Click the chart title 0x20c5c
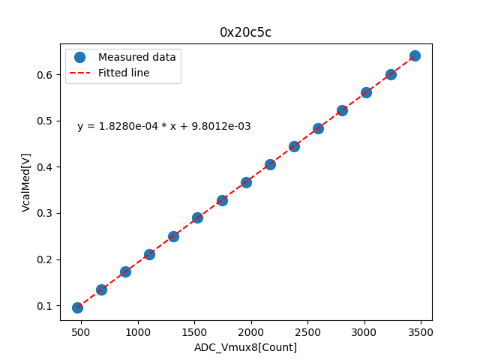[x=246, y=32]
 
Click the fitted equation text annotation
[x=164, y=127]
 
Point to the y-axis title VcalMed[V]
[x=26, y=182]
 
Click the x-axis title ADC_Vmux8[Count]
[x=246, y=347]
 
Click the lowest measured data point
[x=77, y=307]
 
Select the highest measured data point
[x=415, y=55]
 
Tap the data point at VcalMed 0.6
[x=391, y=74]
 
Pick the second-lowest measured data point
[x=101, y=289]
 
